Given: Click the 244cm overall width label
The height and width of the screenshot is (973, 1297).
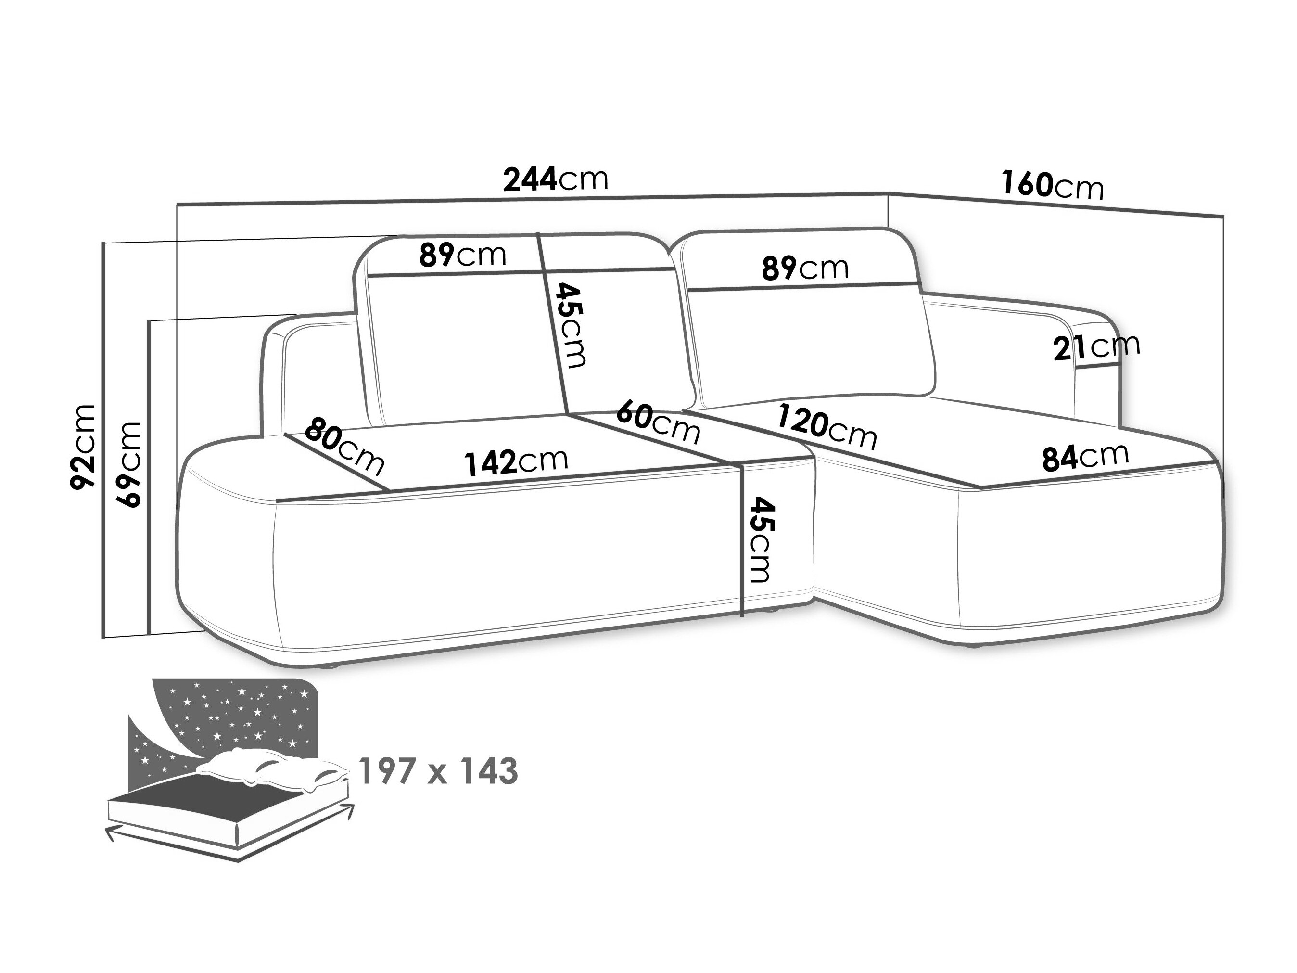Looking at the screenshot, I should pyautogui.click(x=555, y=179).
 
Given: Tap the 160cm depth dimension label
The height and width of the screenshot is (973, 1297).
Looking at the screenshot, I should pyautogui.click(x=1052, y=185).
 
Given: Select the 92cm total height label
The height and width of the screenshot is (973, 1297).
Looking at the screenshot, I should pyautogui.click(x=83, y=447).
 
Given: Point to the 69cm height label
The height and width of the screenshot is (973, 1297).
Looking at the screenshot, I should pyautogui.click(x=129, y=464).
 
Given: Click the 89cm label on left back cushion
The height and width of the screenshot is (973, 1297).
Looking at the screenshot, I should pyautogui.click(x=462, y=255).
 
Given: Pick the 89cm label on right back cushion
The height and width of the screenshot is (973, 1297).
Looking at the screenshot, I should pyautogui.click(x=804, y=268).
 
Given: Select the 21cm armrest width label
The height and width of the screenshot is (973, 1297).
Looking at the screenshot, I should pyautogui.click(x=1096, y=347).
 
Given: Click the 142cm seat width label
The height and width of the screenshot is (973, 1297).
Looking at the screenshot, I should pyautogui.click(x=516, y=461).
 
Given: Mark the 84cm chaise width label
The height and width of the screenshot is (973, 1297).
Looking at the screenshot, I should pyautogui.click(x=1085, y=458).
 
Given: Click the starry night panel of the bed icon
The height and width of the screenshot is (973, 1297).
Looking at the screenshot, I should pyautogui.click(x=235, y=716).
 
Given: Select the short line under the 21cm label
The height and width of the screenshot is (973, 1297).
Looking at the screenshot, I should pyautogui.click(x=1097, y=365).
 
